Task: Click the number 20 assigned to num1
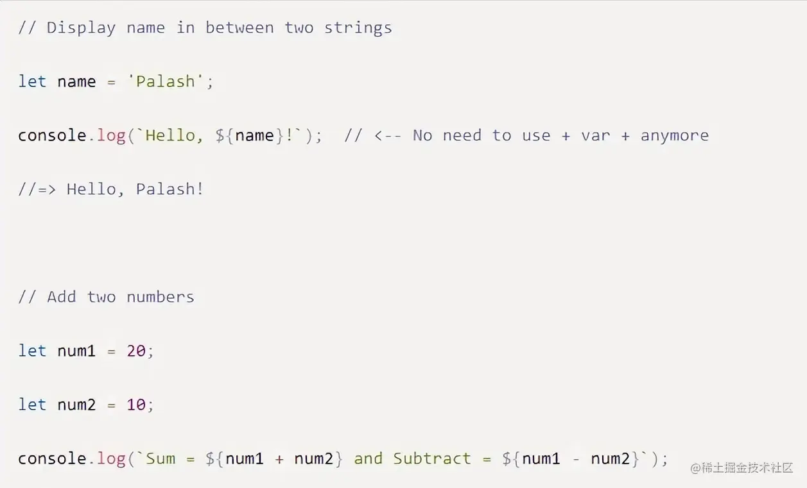136,351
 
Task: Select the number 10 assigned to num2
136,405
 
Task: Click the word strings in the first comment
358,28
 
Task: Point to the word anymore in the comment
674,135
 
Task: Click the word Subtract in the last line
432,459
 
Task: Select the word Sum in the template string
161,459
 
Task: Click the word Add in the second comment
61,297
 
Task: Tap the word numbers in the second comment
160,297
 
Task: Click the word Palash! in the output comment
169,189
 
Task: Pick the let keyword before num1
32,351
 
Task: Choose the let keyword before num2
32,405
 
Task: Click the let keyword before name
32,81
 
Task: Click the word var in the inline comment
595,135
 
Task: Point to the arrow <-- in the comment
388,135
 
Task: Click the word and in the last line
368,459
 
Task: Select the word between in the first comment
239,28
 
